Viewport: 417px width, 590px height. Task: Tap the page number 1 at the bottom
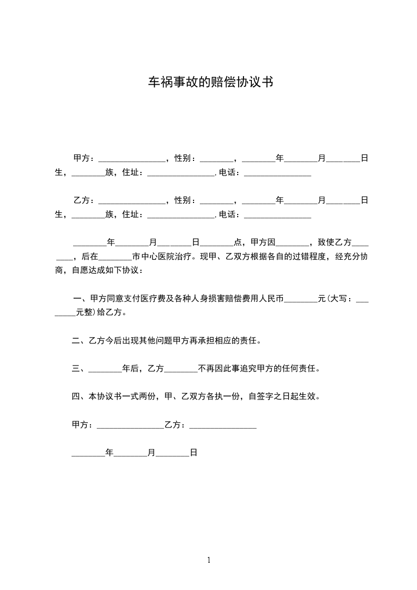(209, 560)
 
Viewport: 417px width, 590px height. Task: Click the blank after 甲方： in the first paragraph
(131, 158)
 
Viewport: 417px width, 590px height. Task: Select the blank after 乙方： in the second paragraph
(131, 201)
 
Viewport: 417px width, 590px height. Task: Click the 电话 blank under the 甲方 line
(278, 173)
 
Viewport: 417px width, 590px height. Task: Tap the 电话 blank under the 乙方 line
(278, 216)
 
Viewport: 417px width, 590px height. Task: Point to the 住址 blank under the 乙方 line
(181, 216)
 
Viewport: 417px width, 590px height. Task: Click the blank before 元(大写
(301, 300)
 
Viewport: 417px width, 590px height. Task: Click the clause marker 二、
(78, 340)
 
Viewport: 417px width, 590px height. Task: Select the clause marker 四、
(78, 396)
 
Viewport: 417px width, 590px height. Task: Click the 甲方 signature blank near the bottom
(130, 426)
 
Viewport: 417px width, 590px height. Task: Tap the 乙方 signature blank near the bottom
(222, 426)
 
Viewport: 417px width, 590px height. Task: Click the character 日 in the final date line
(193, 452)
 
